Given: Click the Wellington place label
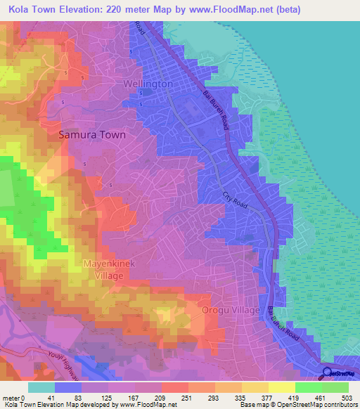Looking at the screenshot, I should [148, 84].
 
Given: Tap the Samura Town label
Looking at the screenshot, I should [92, 134].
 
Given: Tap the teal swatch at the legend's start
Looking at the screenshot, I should [41, 387].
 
